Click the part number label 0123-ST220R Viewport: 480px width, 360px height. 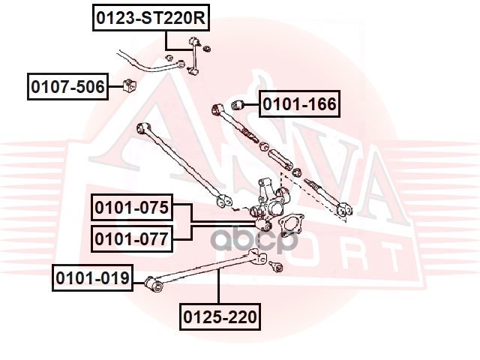(x=149, y=17)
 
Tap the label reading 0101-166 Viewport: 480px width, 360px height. (x=300, y=103)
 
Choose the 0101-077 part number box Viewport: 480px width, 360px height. (x=132, y=239)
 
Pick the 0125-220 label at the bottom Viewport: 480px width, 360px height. (x=220, y=317)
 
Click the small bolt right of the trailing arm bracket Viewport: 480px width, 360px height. (x=275, y=265)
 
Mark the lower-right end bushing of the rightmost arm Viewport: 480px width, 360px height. (x=344, y=212)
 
